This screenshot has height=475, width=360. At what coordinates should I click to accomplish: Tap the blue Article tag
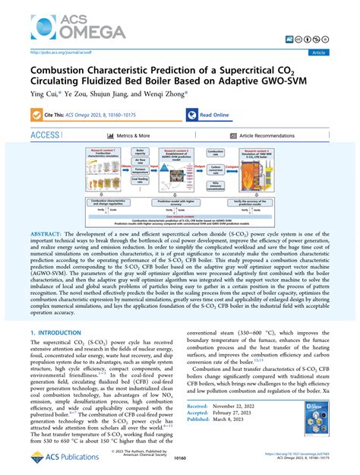[x=338, y=52]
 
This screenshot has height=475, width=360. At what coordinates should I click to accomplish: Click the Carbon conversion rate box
[x=240, y=175]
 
